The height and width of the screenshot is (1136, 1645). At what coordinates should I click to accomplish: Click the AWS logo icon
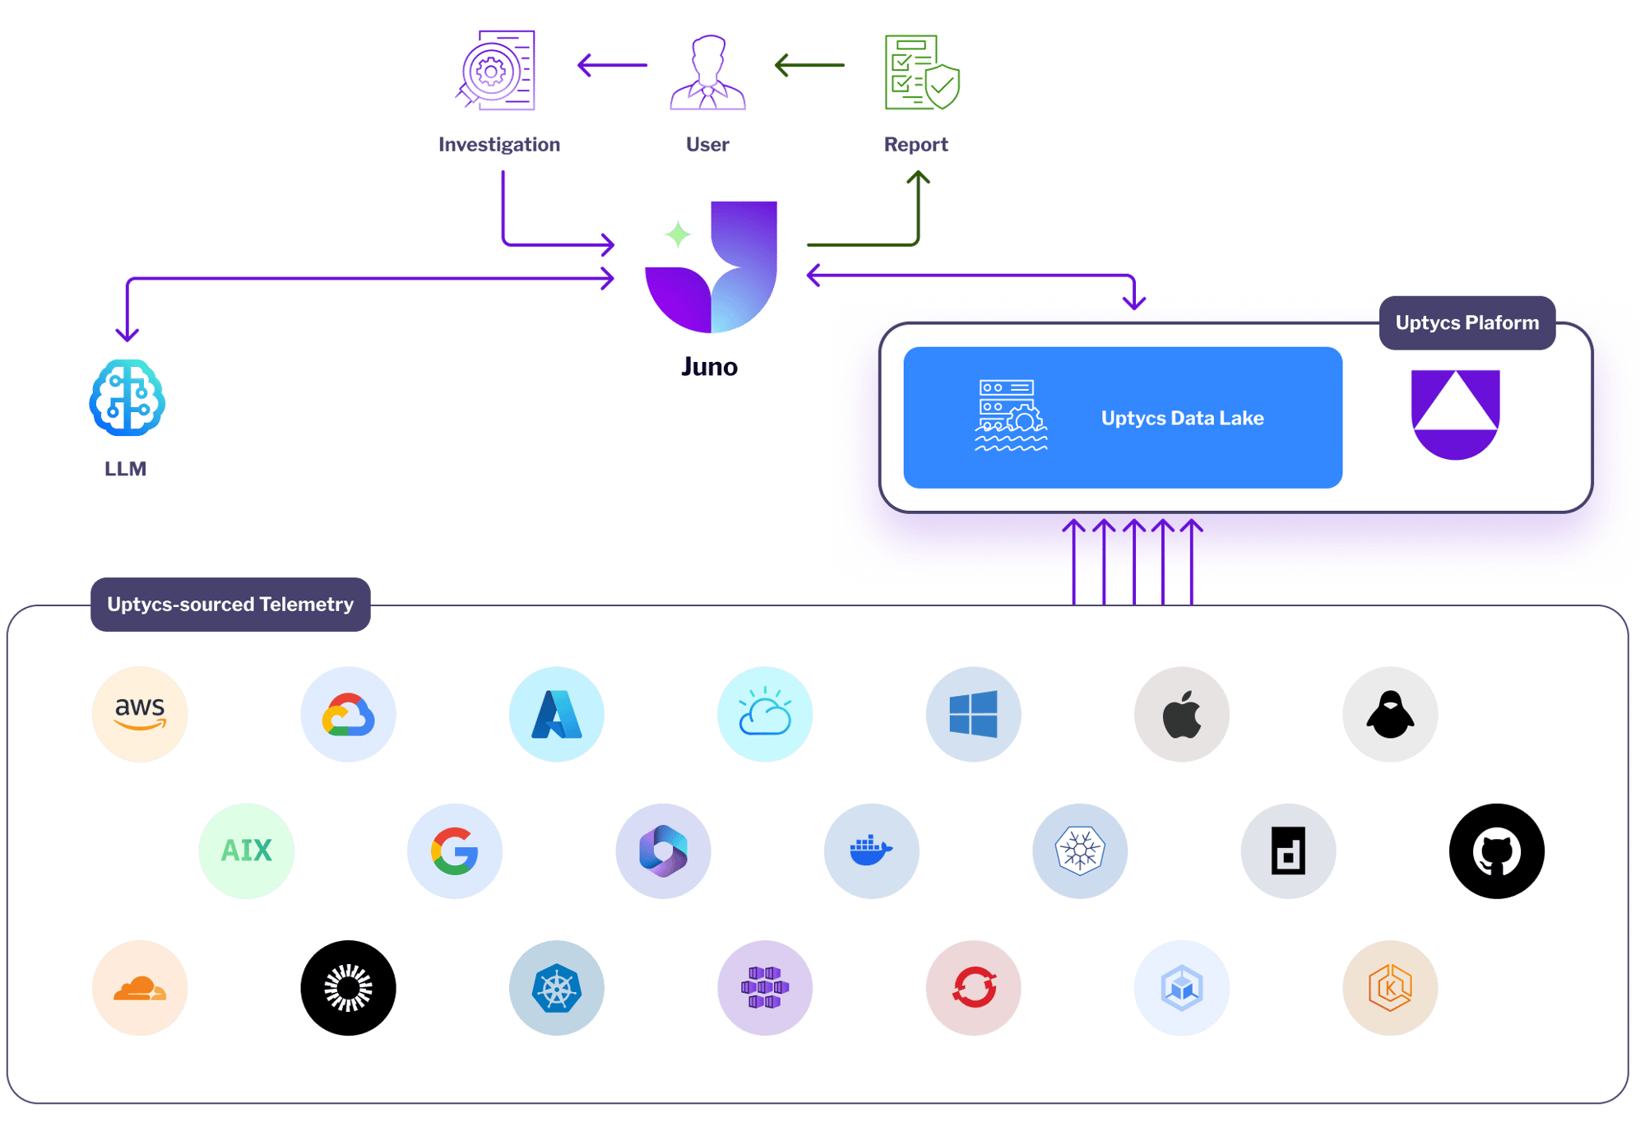point(140,714)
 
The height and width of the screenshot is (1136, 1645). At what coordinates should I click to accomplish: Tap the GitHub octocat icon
point(1496,851)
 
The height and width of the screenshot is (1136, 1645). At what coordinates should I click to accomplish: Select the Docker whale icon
point(871,851)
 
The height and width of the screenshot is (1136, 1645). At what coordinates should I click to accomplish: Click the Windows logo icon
point(973,714)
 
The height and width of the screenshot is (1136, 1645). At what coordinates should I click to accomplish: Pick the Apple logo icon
point(1182,714)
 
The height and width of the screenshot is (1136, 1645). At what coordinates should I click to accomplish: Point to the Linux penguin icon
point(1390,714)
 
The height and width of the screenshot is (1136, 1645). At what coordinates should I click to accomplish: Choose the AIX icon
point(246,851)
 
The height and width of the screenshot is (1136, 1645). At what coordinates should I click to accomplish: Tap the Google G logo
point(455,851)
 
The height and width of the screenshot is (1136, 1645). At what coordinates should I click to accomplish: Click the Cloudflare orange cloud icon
point(140,988)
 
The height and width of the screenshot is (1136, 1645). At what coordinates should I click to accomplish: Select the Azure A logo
point(557,714)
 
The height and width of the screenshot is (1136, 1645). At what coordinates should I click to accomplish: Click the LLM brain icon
point(127,397)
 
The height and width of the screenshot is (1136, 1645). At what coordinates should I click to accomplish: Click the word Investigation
point(499,145)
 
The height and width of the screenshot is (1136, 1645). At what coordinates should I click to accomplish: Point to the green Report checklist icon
point(920,72)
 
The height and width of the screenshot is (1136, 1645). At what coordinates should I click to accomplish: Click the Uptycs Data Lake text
point(1182,418)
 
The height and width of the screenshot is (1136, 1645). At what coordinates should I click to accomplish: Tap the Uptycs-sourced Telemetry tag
point(230,605)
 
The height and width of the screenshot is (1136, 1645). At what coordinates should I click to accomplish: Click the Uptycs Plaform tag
point(1467,322)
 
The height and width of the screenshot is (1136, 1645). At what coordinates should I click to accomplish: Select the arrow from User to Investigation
point(613,65)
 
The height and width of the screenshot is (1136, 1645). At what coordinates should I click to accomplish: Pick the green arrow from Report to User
point(810,65)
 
